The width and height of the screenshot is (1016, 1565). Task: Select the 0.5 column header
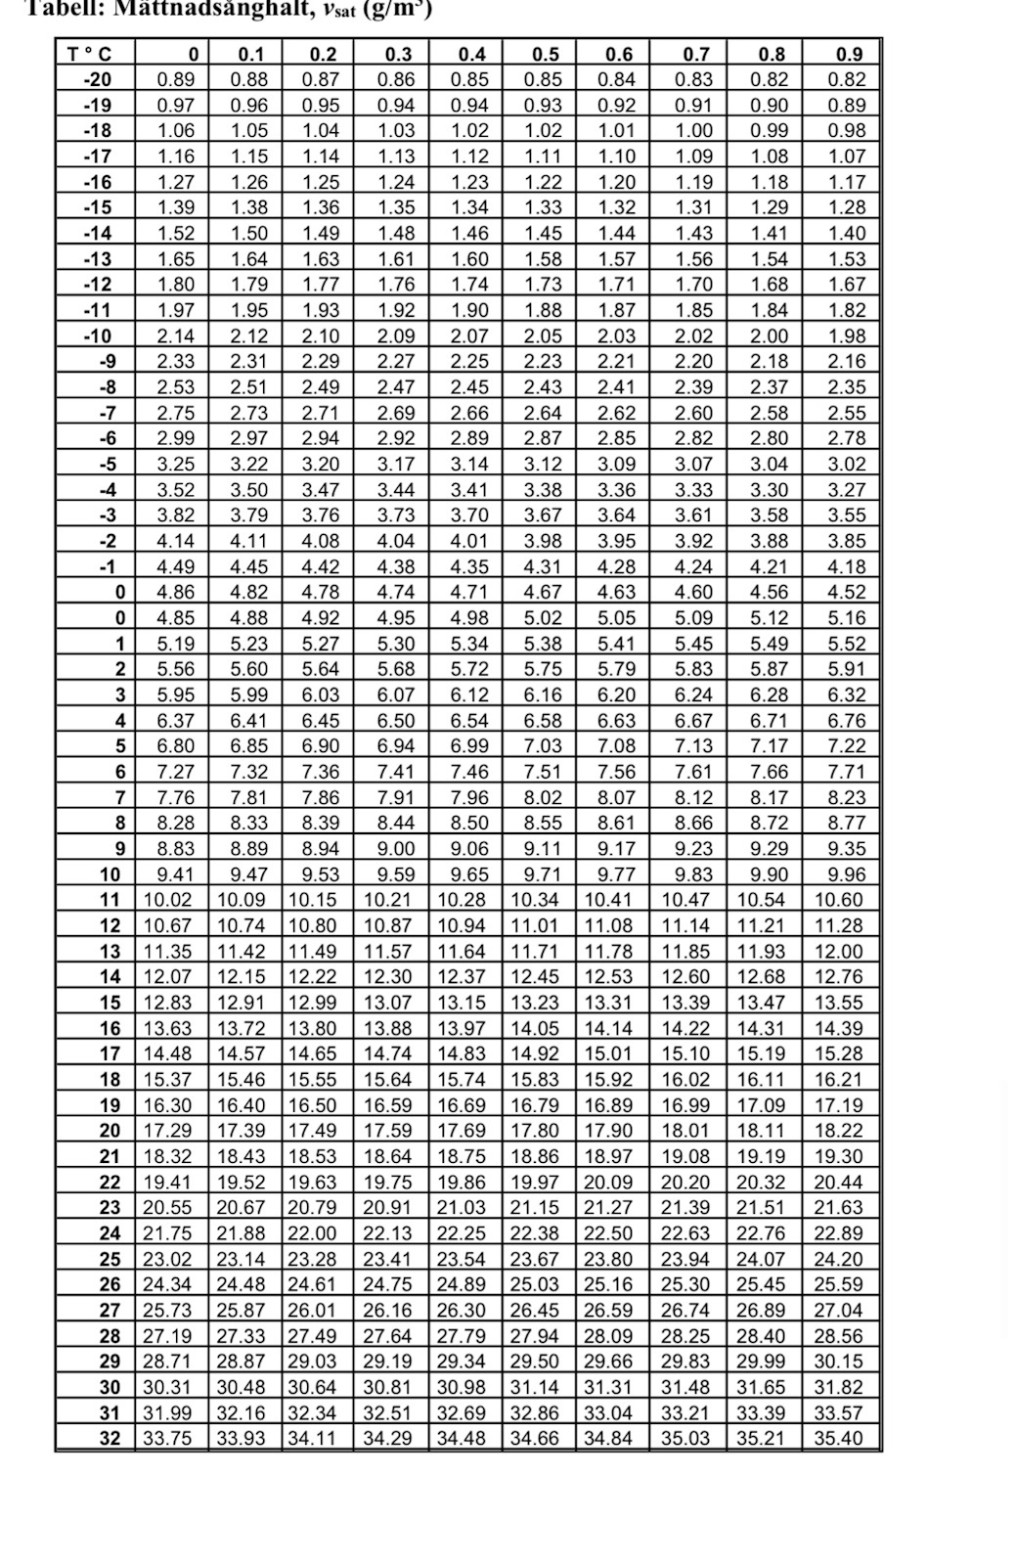546,54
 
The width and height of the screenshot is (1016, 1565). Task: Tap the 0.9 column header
849,54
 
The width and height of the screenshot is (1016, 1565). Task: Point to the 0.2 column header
323,54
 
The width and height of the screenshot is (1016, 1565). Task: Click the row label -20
98,79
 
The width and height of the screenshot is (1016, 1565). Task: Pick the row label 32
110,1438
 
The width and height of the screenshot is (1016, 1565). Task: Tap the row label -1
107,566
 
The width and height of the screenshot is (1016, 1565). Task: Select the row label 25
110,1259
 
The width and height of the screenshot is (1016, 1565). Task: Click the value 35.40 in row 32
839,1438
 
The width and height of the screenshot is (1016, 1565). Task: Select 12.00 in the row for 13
839,951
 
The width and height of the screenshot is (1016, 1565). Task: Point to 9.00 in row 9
395,849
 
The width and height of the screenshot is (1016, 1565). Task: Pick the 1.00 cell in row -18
694,130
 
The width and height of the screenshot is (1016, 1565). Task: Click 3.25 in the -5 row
176,464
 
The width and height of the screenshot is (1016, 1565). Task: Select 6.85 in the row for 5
249,746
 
